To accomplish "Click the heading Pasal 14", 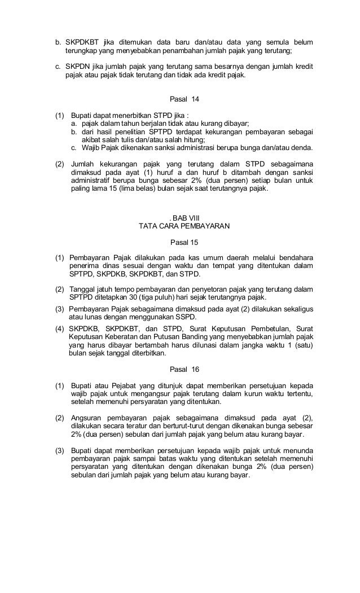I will point(185,99).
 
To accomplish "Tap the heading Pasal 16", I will point(185,370).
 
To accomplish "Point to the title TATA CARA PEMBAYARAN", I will point(184,227).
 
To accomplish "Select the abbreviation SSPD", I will point(185,317).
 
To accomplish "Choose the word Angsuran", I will point(87,418).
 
